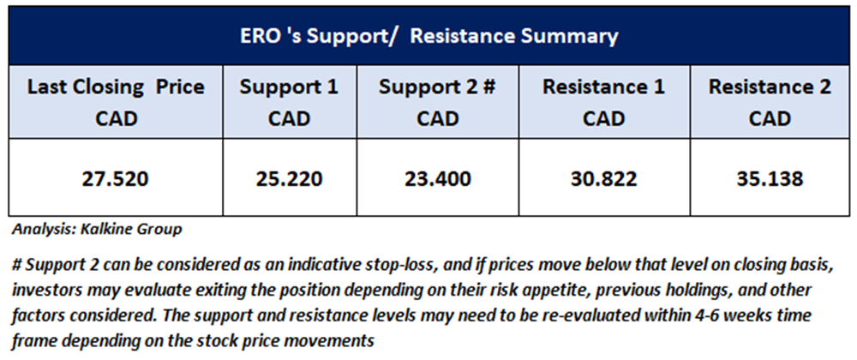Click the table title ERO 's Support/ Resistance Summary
pos(429,37)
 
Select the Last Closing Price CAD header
pos(116,102)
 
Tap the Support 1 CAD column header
pos(289,102)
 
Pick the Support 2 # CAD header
pos(437,102)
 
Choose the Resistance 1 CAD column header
pos(603,102)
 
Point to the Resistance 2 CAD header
pos(770,102)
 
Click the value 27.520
pos(116,178)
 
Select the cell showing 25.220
pos(289,178)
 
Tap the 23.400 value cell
pos(437,178)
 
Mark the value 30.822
pos(603,178)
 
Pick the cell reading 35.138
pos(770,178)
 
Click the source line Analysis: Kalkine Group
pos(97,230)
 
